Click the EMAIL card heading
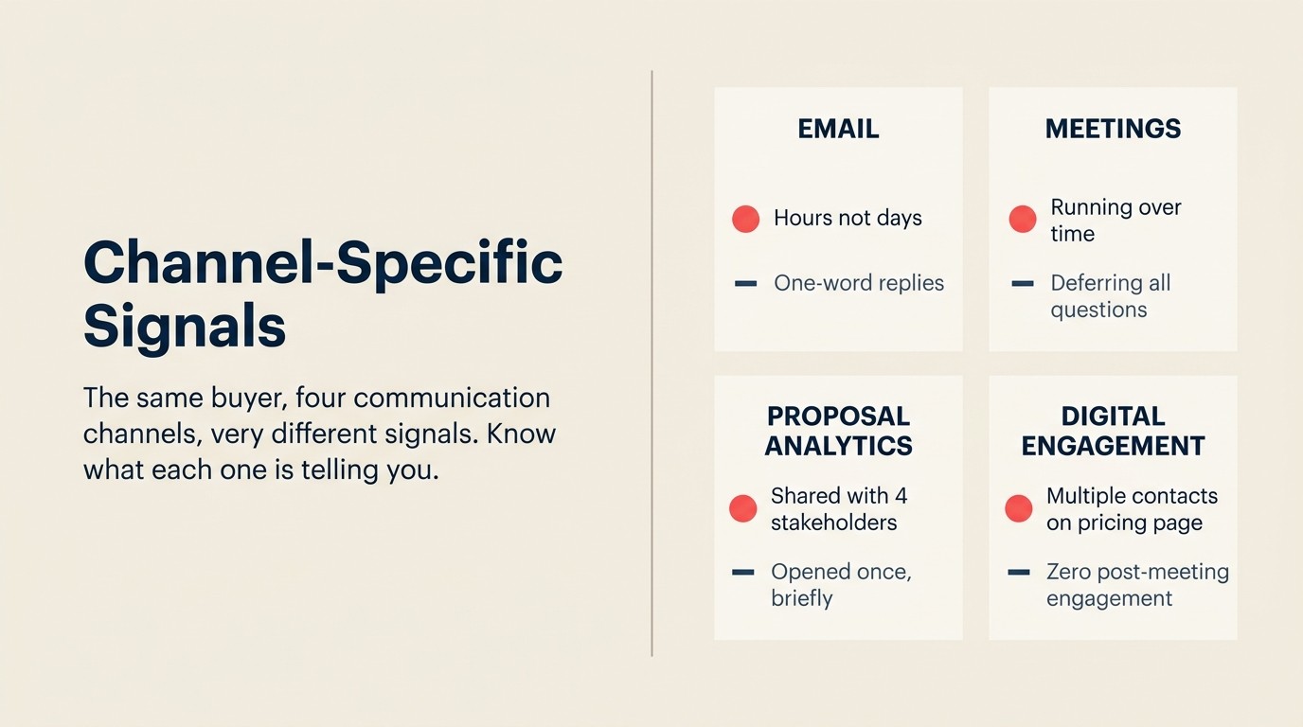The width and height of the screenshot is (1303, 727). [838, 129]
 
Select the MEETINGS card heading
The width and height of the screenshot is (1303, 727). [1113, 129]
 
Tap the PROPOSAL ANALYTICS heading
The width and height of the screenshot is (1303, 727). [838, 431]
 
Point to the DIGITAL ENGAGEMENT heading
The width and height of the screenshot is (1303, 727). [1113, 431]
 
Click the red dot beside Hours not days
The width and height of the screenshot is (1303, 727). [746, 219]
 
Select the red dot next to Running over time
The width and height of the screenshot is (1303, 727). [1023, 219]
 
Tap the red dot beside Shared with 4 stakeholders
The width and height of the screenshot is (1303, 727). [743, 508]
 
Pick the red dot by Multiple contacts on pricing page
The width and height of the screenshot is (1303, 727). [1019, 508]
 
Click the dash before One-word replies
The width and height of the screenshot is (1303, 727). [746, 283]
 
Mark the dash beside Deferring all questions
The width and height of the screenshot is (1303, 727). [1023, 283]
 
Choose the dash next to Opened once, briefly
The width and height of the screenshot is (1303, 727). [743, 572]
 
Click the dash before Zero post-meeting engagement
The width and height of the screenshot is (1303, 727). [1019, 572]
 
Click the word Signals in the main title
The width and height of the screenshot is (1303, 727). [185, 326]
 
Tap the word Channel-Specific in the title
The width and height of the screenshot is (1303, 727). [323, 262]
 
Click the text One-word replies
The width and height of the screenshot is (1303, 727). [859, 283]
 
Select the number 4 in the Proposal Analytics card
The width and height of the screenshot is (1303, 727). [901, 496]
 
